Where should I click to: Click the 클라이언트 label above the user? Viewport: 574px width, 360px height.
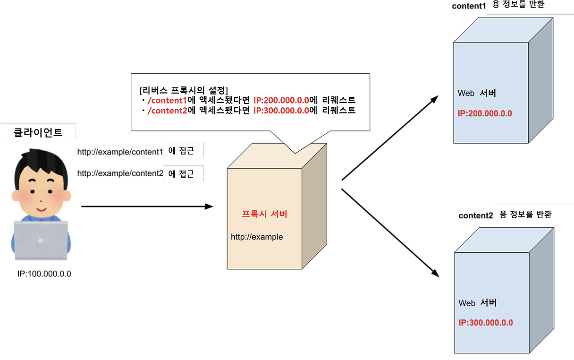(x=38, y=132)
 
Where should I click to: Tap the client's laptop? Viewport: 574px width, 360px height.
(x=41, y=240)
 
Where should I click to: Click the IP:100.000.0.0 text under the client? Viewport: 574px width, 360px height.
(x=44, y=274)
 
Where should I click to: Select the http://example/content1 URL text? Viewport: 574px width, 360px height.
(x=120, y=152)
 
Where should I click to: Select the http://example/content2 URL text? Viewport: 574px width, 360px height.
(x=120, y=173)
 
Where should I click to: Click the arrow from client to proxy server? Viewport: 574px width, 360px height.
(x=147, y=206)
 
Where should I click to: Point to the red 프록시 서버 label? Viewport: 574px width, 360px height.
(x=264, y=214)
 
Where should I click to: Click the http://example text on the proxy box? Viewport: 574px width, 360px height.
(x=257, y=237)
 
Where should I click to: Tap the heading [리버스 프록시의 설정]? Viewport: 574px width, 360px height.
(x=184, y=90)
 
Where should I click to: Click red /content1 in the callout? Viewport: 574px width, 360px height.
(x=167, y=100)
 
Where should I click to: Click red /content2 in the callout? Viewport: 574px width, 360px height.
(x=167, y=111)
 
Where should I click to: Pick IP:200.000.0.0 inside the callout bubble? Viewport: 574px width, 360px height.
(x=281, y=100)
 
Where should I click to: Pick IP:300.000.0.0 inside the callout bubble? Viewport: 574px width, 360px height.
(x=281, y=111)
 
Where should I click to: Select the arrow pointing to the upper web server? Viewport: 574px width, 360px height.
(x=390, y=138)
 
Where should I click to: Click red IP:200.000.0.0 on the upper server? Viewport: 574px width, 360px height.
(x=485, y=113)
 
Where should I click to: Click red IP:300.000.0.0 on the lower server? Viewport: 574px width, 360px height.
(x=485, y=323)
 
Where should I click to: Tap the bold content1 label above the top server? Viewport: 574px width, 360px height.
(x=469, y=6)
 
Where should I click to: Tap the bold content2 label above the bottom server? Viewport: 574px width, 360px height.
(x=476, y=215)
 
